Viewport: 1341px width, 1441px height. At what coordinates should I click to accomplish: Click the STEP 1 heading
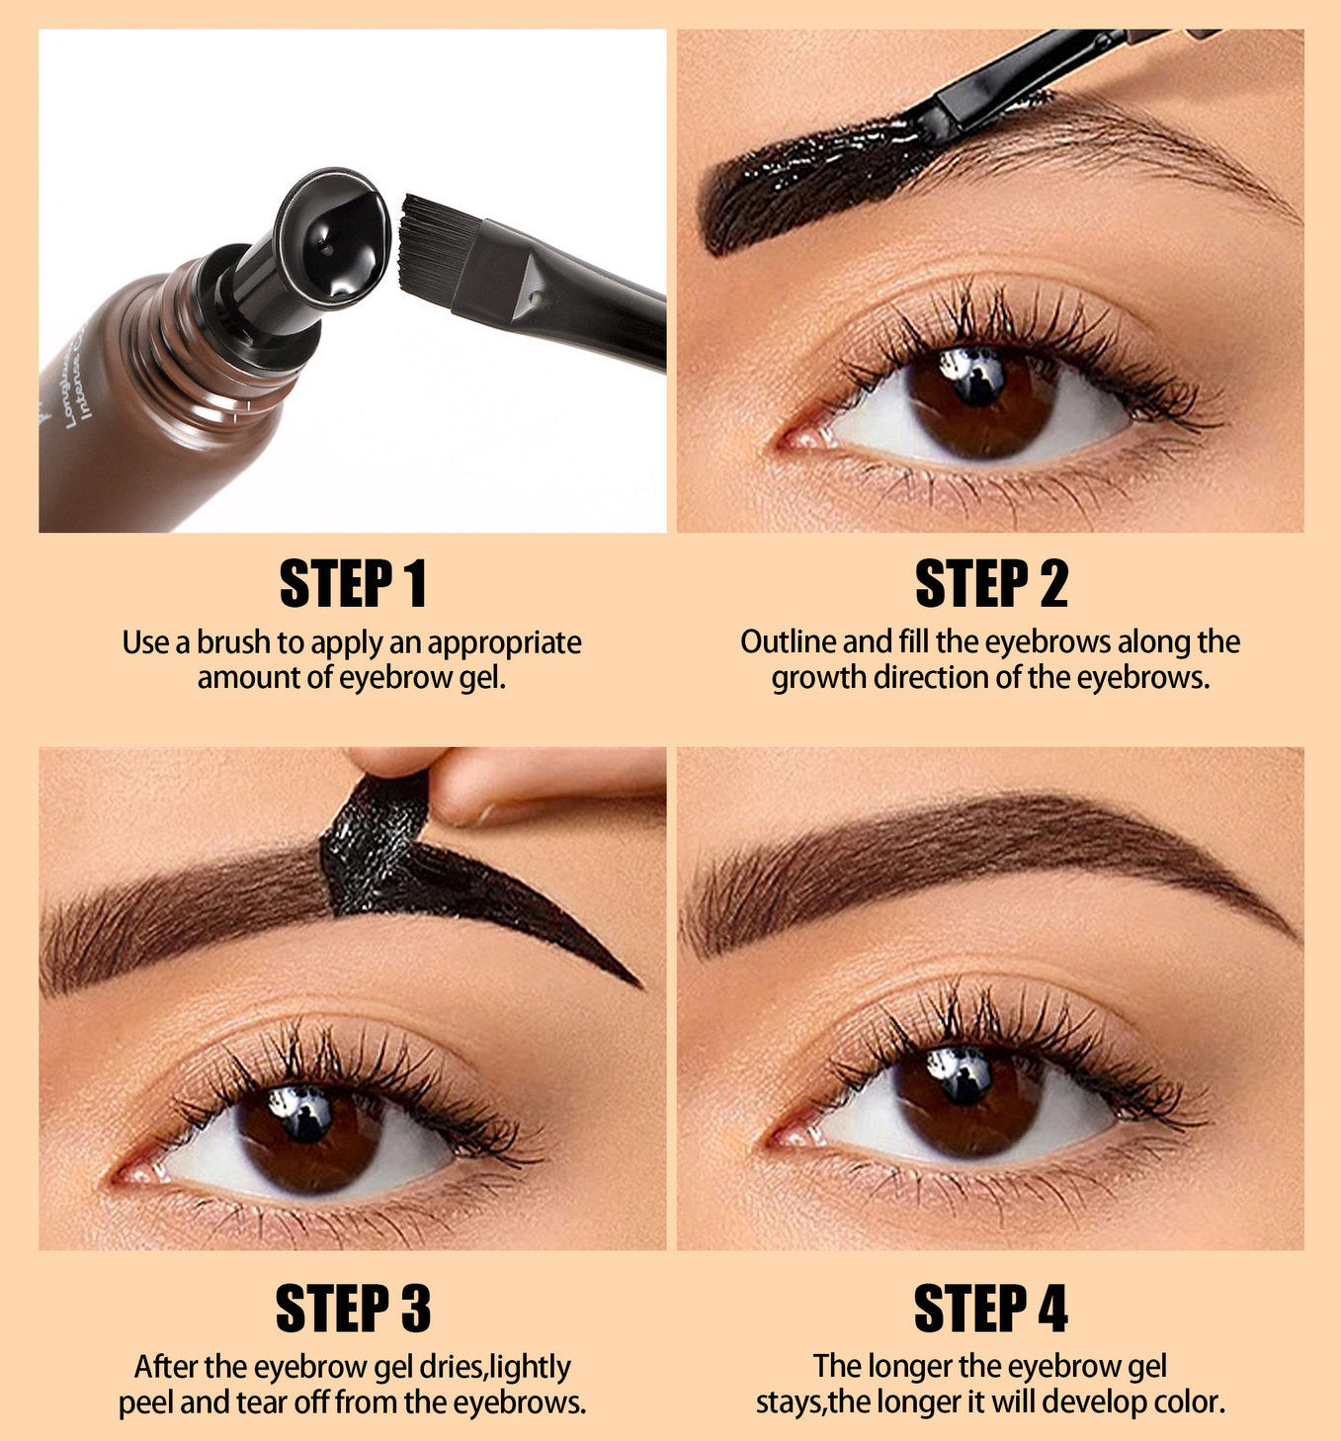tap(353, 584)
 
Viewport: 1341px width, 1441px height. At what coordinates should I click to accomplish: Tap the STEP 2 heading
tap(991, 584)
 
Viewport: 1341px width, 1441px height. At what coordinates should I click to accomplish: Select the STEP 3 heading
tap(354, 1309)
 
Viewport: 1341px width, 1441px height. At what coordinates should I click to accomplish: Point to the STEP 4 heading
tap(991, 1309)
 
